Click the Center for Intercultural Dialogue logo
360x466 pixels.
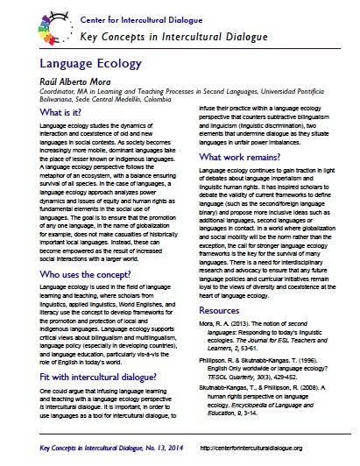pyautogui.click(x=28, y=23)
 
